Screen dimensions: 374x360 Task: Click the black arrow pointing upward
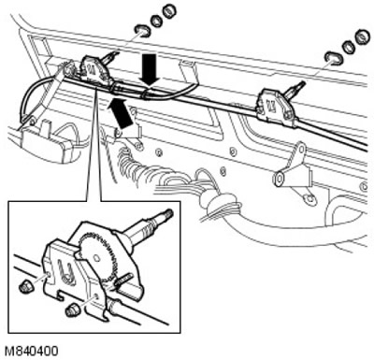(x=121, y=113)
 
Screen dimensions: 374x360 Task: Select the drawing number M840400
(x=32, y=351)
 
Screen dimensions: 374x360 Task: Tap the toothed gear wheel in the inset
(x=98, y=256)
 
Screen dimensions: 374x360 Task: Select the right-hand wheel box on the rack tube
(x=275, y=106)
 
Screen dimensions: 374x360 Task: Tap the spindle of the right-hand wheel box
(x=295, y=88)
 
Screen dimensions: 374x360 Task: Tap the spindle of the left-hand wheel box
(x=109, y=57)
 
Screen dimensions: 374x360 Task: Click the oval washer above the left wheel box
(x=141, y=31)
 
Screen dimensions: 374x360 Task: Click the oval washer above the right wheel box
(x=333, y=58)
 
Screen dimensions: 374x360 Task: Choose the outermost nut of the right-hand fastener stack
(x=362, y=36)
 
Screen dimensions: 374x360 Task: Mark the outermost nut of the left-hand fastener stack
(x=169, y=10)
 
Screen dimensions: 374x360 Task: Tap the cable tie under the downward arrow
(x=145, y=93)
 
